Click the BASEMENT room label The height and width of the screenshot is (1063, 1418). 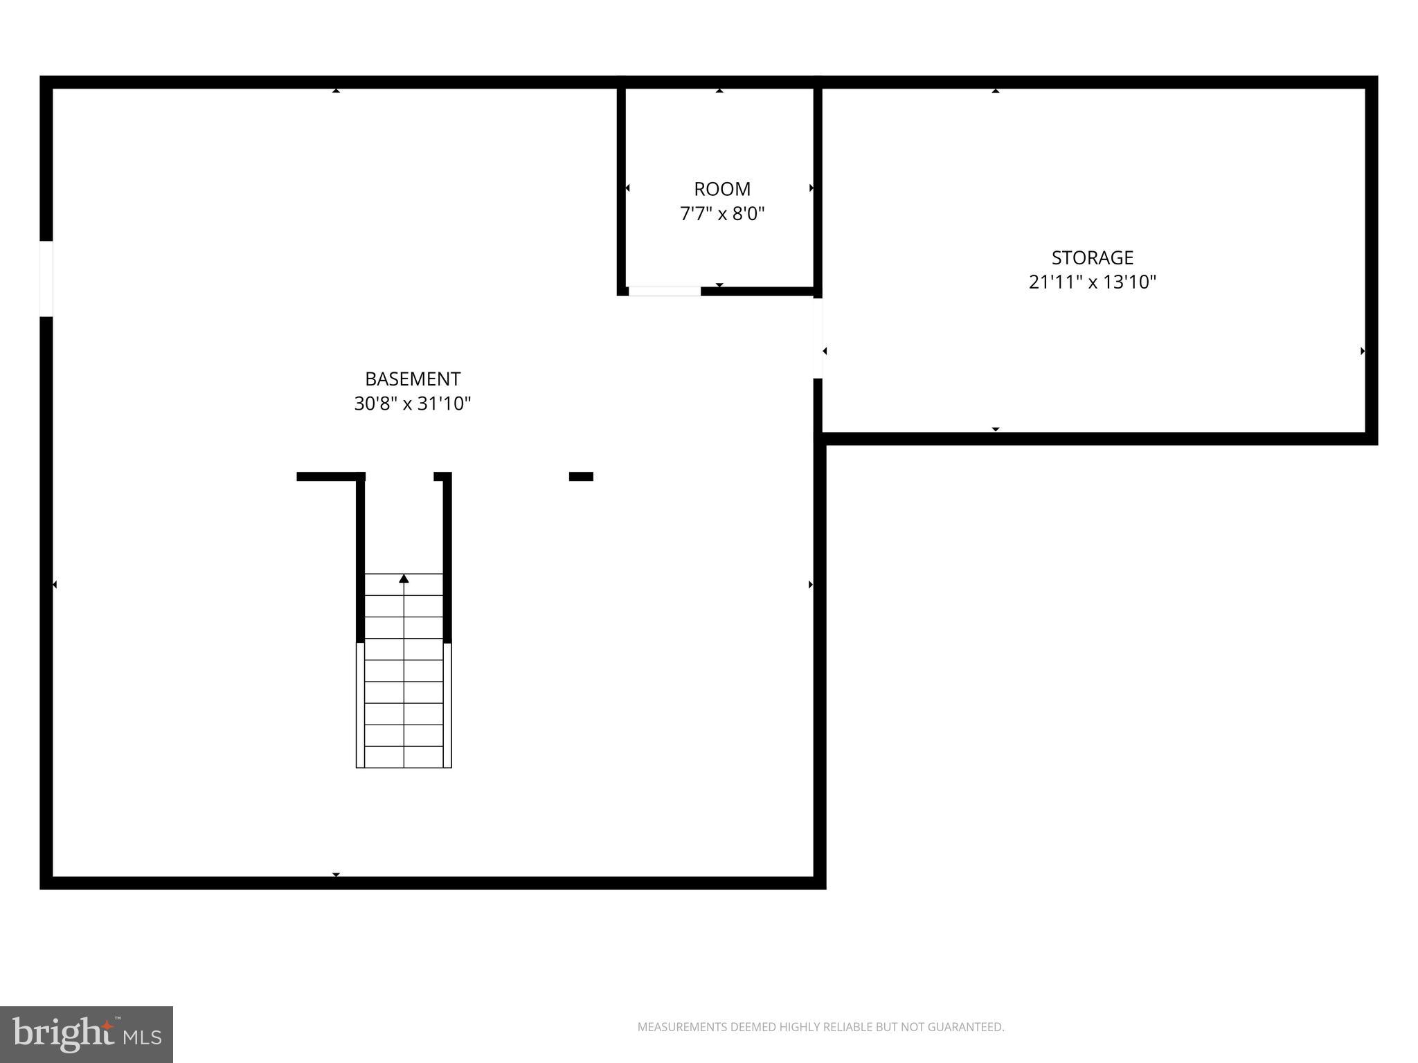pos(413,379)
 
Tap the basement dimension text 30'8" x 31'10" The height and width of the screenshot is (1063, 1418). pos(413,403)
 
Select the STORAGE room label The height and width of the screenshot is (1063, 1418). pos(1093,258)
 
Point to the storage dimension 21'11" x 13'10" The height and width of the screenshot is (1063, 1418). pos(1093,282)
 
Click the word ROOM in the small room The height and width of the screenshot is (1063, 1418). pos(722,189)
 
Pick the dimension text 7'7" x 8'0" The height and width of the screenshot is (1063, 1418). pos(722,213)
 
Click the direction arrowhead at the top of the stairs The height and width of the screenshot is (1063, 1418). pos(404,579)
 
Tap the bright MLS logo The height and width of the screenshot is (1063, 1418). pos(87,1035)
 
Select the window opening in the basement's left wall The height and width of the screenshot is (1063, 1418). pos(46,279)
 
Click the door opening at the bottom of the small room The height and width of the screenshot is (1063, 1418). pos(665,291)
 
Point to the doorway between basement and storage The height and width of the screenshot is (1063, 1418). pos(818,338)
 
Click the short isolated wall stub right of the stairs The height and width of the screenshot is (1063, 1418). pos(581,476)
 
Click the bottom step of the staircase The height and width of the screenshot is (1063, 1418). pos(404,757)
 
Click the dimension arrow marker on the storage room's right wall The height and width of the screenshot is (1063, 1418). pos(1363,352)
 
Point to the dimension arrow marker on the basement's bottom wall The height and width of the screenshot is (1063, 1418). pos(336,875)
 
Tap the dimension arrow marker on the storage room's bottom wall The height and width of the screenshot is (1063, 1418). pos(996,430)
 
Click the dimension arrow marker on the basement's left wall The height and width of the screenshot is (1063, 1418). pos(55,585)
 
